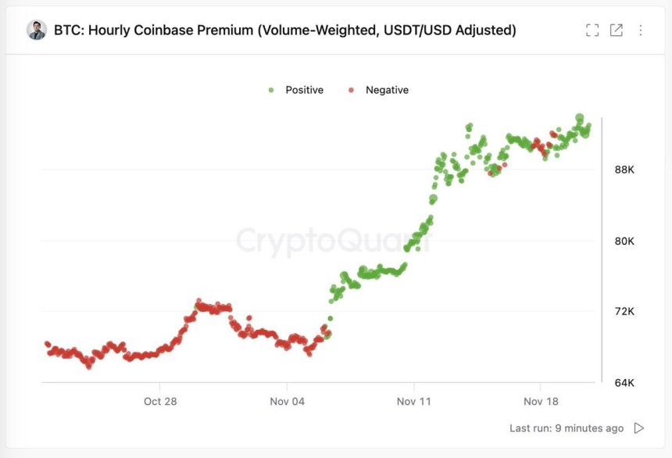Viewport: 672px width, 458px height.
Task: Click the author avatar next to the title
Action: pyautogui.click(x=37, y=30)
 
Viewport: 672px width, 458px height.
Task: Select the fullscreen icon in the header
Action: pyautogui.click(x=592, y=30)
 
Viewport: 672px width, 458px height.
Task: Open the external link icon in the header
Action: pyautogui.click(x=617, y=30)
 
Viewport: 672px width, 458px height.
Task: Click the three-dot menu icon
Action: pyautogui.click(x=641, y=30)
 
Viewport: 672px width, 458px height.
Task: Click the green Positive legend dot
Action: pyautogui.click(x=271, y=90)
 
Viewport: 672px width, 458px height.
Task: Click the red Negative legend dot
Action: pyautogui.click(x=351, y=90)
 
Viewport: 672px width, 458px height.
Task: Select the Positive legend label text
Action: pyautogui.click(x=304, y=90)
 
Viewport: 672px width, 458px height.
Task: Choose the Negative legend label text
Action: pyautogui.click(x=387, y=90)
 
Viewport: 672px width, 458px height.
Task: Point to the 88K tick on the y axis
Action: pyautogui.click(x=624, y=170)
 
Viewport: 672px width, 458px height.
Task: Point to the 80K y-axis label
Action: pyautogui.click(x=624, y=241)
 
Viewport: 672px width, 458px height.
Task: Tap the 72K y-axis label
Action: pyautogui.click(x=624, y=312)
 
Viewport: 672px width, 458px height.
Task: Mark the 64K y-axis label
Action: pyautogui.click(x=624, y=383)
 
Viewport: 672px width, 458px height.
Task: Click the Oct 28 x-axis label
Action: pyautogui.click(x=160, y=401)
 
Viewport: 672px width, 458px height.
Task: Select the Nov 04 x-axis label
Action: pyautogui.click(x=287, y=401)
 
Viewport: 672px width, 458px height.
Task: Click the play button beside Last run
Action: pyautogui.click(x=639, y=428)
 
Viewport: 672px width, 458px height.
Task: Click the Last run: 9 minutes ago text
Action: pyautogui.click(x=567, y=428)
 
